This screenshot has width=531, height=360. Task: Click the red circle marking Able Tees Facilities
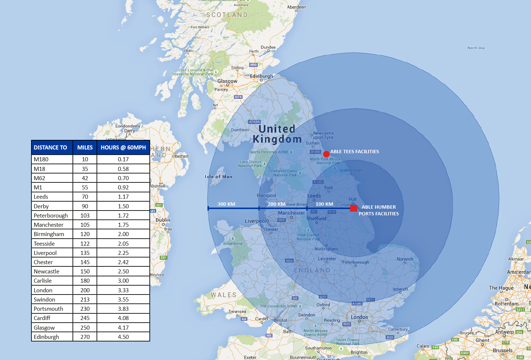coord(326,154)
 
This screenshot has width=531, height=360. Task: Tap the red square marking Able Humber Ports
coord(354,208)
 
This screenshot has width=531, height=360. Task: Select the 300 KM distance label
coord(226,204)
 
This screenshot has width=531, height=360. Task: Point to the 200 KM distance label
coord(276,204)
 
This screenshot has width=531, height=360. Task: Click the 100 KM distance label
coord(324,204)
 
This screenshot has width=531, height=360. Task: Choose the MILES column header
coord(85,148)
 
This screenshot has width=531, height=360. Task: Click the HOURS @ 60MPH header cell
coord(123,148)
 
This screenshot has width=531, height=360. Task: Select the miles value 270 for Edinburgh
coord(85,337)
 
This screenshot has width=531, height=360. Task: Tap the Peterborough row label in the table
coord(51,216)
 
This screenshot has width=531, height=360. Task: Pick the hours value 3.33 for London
coord(123,290)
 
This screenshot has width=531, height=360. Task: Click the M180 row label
coord(41,159)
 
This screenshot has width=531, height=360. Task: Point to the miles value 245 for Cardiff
coord(85,318)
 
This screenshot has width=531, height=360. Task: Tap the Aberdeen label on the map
coord(297,7)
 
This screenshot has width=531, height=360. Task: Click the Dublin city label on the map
coord(163,220)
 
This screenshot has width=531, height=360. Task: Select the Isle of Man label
coord(219,177)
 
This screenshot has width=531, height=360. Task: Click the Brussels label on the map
coord(503,350)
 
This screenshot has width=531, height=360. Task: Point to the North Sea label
coord(476,48)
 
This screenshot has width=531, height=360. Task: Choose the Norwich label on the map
coord(405,259)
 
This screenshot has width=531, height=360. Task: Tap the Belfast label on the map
coord(182,156)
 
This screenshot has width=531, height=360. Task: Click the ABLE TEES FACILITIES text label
coord(354,152)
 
